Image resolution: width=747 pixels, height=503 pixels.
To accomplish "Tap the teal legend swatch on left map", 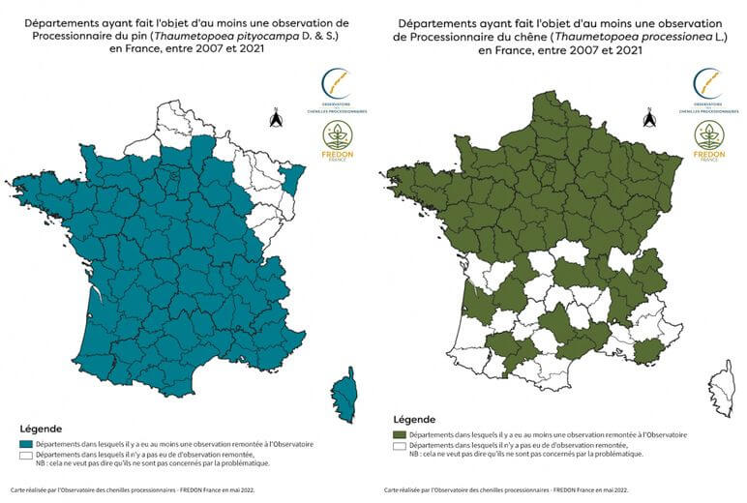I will [x=25, y=444].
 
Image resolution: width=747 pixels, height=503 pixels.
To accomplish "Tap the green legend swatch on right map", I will [x=397, y=436].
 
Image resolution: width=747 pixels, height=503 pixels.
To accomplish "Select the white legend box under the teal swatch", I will [x=25, y=454].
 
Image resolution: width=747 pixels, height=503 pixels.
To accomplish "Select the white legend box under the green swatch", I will [x=397, y=446].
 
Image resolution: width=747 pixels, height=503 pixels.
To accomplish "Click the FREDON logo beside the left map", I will [x=338, y=139].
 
